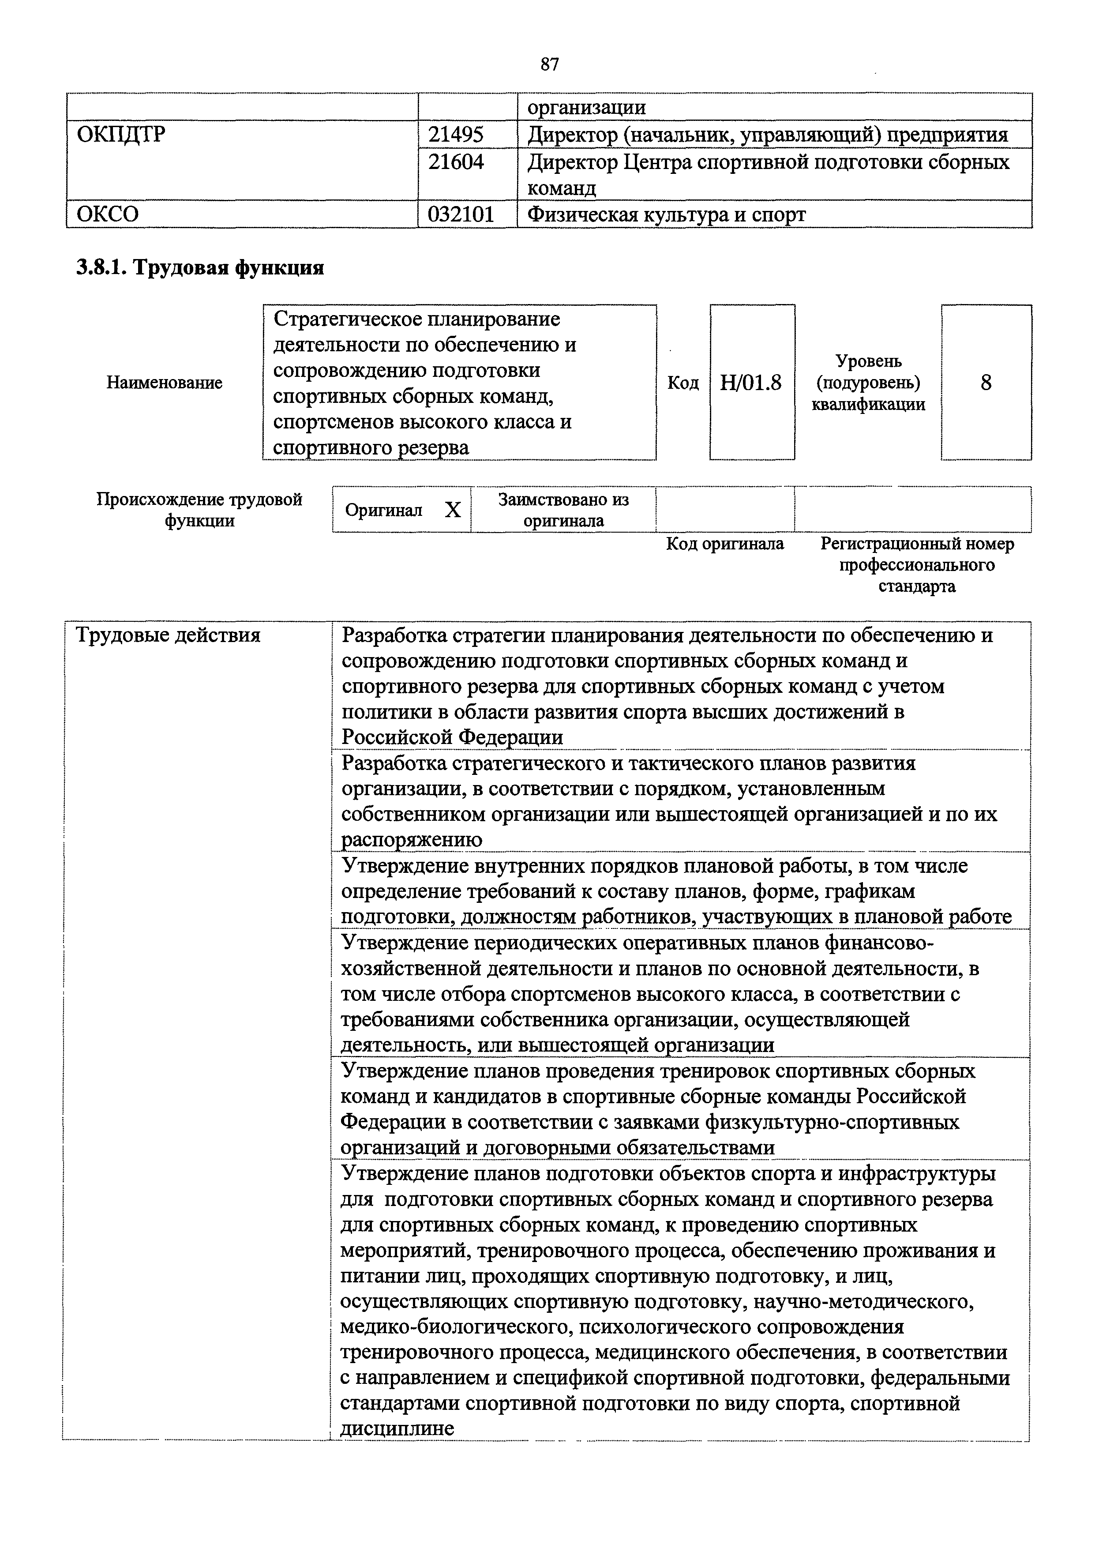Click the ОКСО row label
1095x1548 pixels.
tap(108, 214)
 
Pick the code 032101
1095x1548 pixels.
tap(461, 214)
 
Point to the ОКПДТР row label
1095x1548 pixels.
tap(121, 135)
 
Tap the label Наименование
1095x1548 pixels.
tap(165, 383)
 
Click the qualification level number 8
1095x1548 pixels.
tap(986, 383)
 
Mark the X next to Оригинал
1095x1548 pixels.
tap(453, 511)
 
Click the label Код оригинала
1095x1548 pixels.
tap(725, 544)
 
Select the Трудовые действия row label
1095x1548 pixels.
tap(168, 635)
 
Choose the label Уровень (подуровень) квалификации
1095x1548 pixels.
tap(868, 383)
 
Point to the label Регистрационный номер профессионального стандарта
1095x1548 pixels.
tap(917, 565)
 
